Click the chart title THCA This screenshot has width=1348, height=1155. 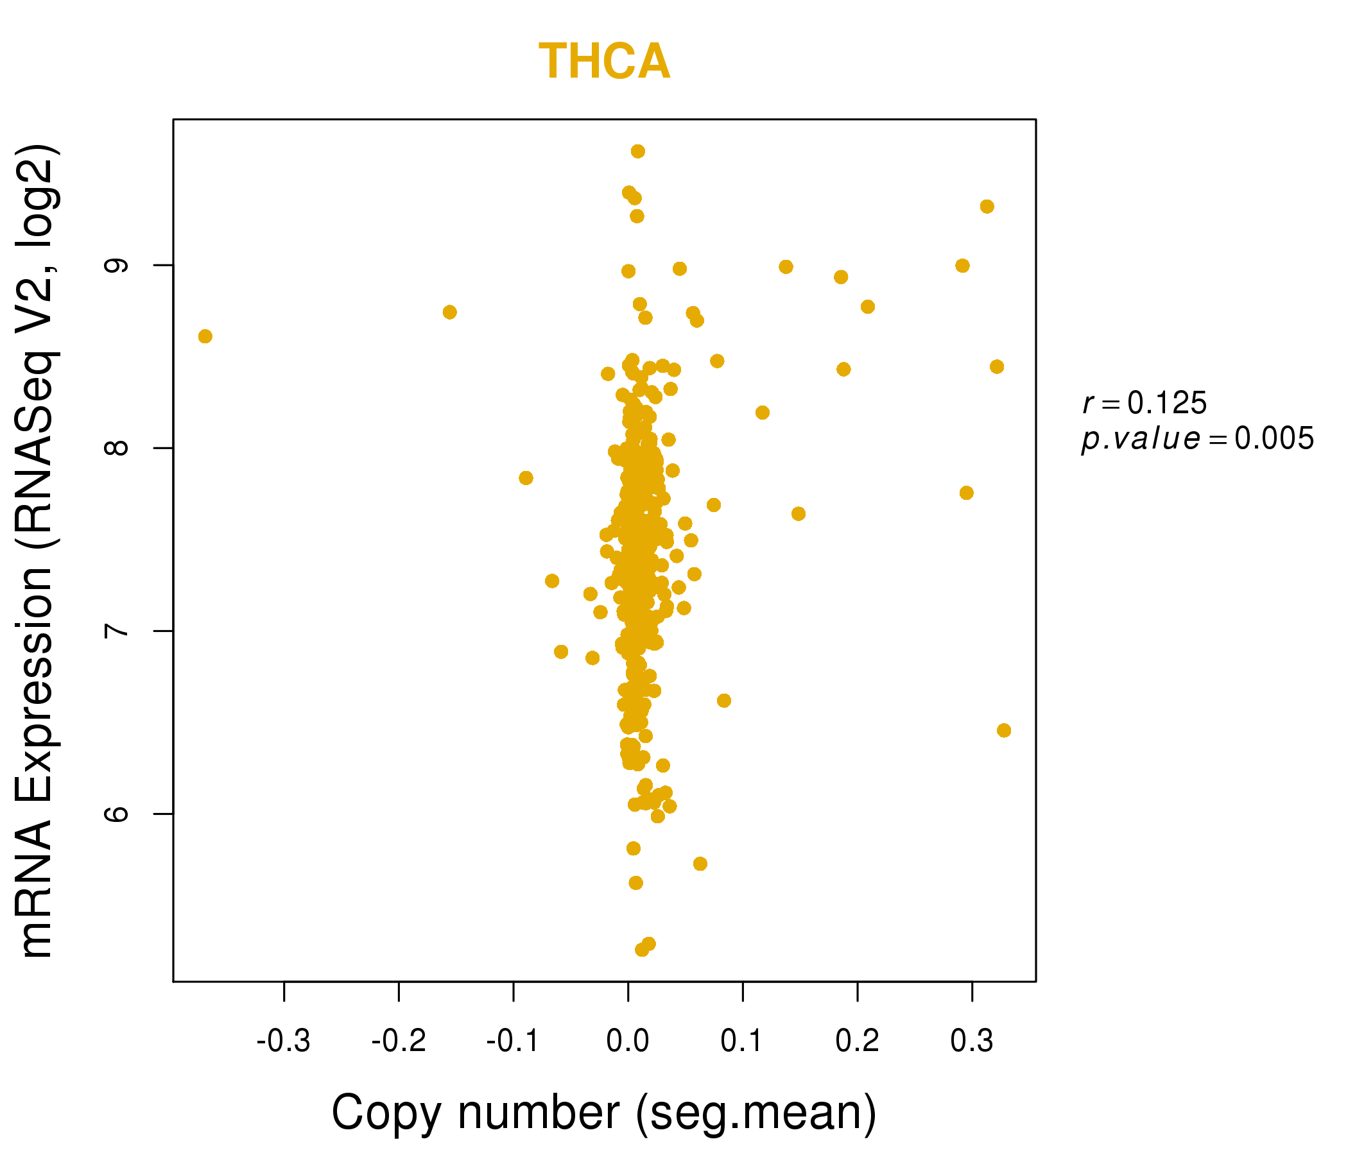click(x=605, y=62)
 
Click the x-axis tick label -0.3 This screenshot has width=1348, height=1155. click(x=283, y=1042)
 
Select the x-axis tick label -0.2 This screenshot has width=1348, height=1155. click(x=398, y=1042)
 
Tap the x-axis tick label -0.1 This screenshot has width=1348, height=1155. click(x=513, y=1042)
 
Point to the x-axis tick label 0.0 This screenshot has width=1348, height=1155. click(x=628, y=1042)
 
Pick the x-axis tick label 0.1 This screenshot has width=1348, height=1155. click(x=742, y=1042)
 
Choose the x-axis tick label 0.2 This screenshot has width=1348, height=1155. click(x=858, y=1042)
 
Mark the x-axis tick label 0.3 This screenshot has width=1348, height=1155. click(x=972, y=1042)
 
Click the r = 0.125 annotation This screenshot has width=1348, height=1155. click(x=1145, y=404)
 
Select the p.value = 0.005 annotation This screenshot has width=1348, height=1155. click(x=1197, y=439)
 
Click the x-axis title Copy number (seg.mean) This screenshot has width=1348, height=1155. click(x=605, y=1113)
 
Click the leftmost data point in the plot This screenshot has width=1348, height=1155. click(x=205, y=336)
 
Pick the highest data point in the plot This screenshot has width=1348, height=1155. click(x=637, y=151)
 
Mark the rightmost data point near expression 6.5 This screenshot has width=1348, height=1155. click(x=1004, y=730)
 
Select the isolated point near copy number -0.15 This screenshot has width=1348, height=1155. click(x=449, y=312)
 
